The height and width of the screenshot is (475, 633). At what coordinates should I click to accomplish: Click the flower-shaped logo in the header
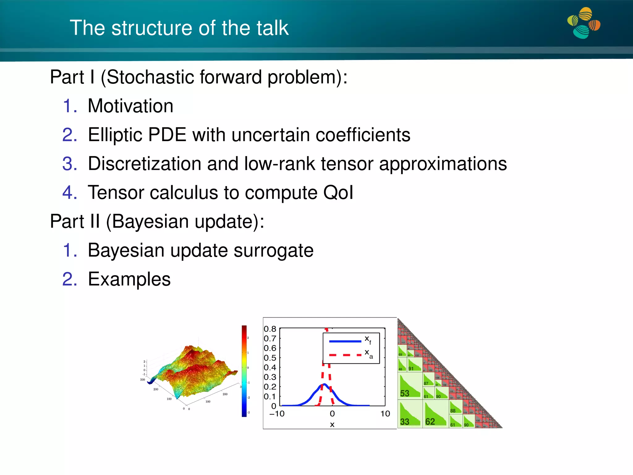(x=584, y=24)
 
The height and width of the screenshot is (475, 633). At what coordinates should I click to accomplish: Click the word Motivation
(x=130, y=106)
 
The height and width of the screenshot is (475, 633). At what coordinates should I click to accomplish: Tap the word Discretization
(x=144, y=164)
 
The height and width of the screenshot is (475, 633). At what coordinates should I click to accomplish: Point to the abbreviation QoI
(x=338, y=193)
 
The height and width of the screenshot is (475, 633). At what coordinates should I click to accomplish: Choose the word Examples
(x=129, y=279)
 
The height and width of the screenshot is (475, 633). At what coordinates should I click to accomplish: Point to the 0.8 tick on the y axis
(x=270, y=329)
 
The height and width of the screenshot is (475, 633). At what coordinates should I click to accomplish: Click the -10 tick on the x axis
(x=277, y=414)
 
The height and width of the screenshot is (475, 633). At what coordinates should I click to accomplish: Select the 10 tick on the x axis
(x=385, y=414)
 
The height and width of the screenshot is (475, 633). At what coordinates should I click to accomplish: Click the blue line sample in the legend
(x=345, y=341)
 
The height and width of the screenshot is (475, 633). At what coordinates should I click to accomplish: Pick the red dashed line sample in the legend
(x=345, y=355)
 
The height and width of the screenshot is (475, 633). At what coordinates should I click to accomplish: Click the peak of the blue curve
(x=325, y=384)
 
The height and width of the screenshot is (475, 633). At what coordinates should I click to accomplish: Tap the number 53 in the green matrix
(x=405, y=393)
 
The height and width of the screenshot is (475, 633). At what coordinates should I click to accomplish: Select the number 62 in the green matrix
(x=430, y=422)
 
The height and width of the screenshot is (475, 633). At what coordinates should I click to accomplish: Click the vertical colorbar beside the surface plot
(x=244, y=371)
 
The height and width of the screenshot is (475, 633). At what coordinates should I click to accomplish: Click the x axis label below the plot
(x=332, y=425)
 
